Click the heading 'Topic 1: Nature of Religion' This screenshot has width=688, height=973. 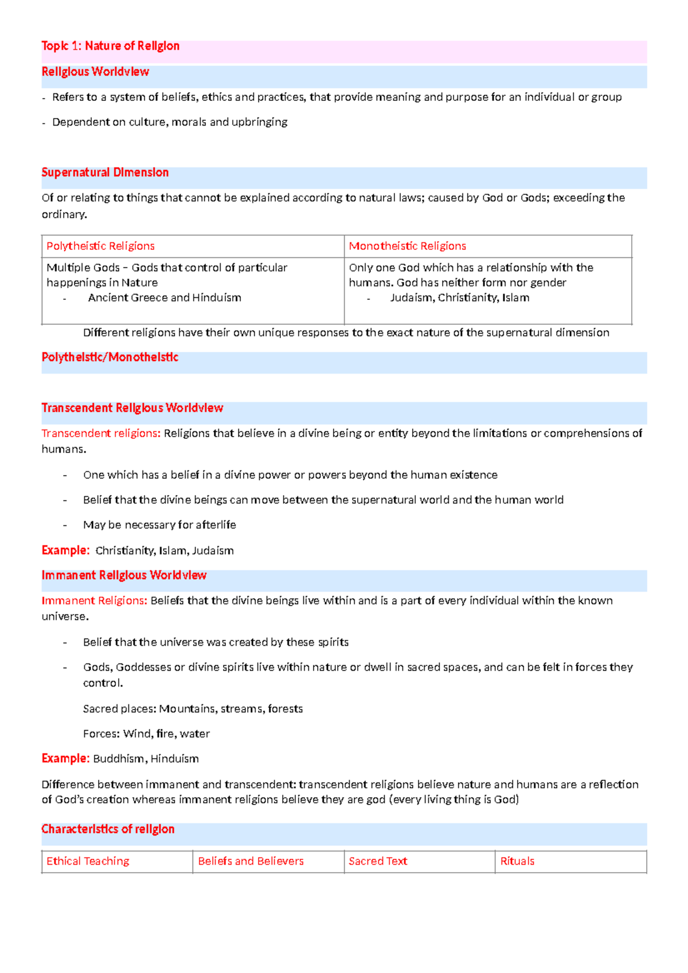point(110,46)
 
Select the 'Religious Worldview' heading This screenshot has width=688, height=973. point(95,72)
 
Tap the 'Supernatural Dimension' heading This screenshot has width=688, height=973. point(105,172)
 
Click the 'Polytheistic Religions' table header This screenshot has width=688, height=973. point(100,246)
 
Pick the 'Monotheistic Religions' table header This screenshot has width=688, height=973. point(407,246)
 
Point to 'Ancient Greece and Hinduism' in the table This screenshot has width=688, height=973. point(165,297)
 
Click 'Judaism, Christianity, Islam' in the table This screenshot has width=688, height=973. point(459,297)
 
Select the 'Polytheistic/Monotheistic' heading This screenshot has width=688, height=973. point(110,357)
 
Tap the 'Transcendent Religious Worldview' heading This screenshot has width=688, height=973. point(132,408)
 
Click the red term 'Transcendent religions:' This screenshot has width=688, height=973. point(101,433)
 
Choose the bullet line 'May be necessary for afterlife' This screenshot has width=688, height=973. point(159,525)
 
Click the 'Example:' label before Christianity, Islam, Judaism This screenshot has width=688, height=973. point(65,551)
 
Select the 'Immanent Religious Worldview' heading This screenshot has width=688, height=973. point(124,575)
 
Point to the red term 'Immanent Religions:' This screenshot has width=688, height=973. point(94,601)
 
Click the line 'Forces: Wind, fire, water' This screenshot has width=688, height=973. point(146,733)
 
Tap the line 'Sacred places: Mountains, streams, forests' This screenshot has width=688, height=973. point(193,709)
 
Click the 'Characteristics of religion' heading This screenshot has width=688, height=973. point(108,829)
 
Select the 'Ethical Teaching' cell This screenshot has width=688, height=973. point(88,861)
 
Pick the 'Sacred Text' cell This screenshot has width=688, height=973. point(378,861)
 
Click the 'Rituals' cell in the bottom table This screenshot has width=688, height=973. point(517,861)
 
